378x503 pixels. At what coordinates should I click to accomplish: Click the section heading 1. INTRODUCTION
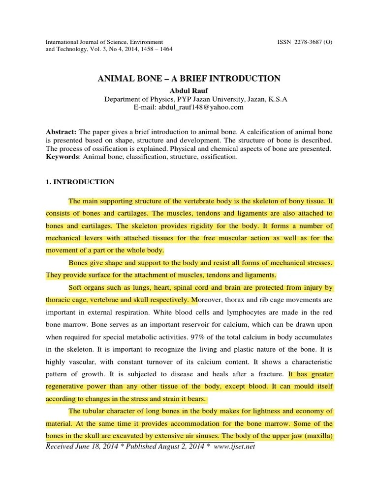(80, 182)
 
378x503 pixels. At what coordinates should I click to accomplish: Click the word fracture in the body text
(271, 374)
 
